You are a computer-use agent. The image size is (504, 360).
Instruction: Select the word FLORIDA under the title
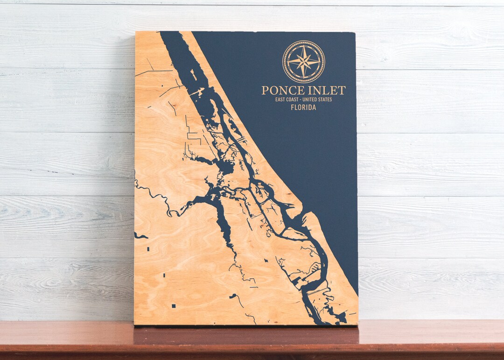303,107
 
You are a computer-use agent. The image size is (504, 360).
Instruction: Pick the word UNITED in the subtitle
310,99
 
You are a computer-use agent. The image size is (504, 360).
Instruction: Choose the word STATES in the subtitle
325,99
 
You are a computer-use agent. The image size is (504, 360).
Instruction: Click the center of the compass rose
304,61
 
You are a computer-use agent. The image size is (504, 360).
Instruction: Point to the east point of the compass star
319,61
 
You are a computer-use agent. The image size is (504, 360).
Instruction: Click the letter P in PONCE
265,90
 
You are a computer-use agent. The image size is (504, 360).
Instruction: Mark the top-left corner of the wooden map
136,32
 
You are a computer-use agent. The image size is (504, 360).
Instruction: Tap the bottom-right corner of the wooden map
357,324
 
